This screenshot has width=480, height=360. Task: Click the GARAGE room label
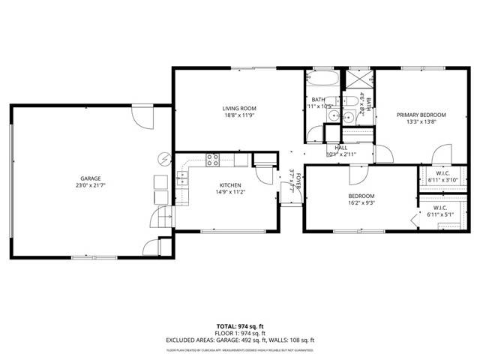pos(89,178)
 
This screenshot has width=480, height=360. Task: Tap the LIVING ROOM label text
pos(239,109)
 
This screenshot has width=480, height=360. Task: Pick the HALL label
pos(340,148)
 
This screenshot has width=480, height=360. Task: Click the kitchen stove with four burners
pos(213,159)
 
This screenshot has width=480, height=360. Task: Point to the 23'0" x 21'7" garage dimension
pos(89,186)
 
